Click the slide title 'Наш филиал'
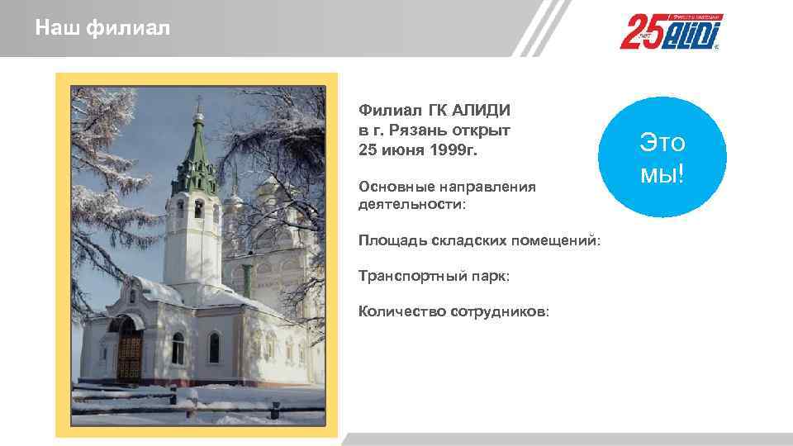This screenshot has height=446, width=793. tap(102, 30)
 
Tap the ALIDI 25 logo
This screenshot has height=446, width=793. tap(672, 32)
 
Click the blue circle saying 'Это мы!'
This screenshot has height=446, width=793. tap(662, 158)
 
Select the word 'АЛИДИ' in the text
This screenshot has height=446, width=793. tap(482, 111)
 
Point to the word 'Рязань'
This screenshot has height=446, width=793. tap(425, 131)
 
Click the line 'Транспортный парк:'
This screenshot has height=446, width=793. tap(434, 277)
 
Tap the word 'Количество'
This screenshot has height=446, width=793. tap(402, 312)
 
